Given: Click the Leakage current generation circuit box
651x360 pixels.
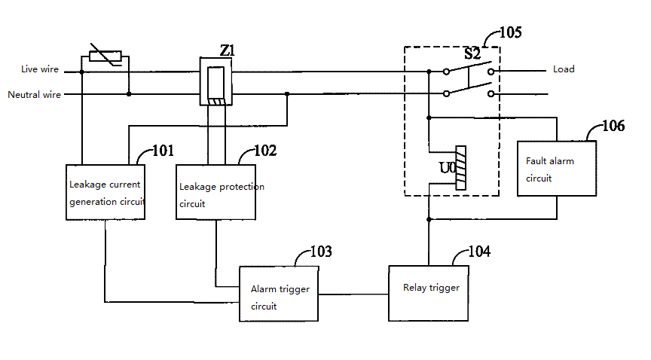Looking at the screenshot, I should click(x=105, y=191).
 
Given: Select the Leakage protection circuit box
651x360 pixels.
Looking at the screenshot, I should click(x=216, y=191).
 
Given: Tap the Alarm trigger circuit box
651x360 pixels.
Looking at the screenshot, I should click(x=279, y=293).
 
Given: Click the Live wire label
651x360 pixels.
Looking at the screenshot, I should click(x=39, y=69).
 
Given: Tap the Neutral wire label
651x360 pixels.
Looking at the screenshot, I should click(x=34, y=95).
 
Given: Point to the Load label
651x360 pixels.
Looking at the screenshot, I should click(x=564, y=69).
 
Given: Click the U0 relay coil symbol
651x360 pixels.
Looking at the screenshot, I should click(x=461, y=168).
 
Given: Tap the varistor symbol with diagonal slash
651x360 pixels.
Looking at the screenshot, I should click(x=105, y=55).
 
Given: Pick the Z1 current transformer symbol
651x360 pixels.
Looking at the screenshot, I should click(x=216, y=82).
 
